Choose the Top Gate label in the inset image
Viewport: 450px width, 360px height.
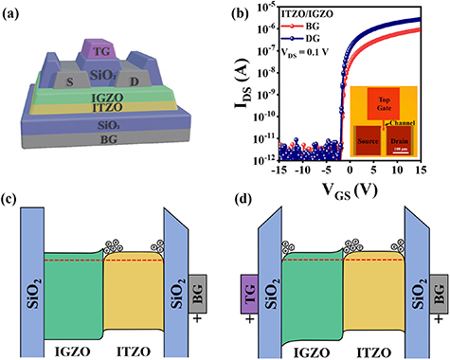(405, 102)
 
